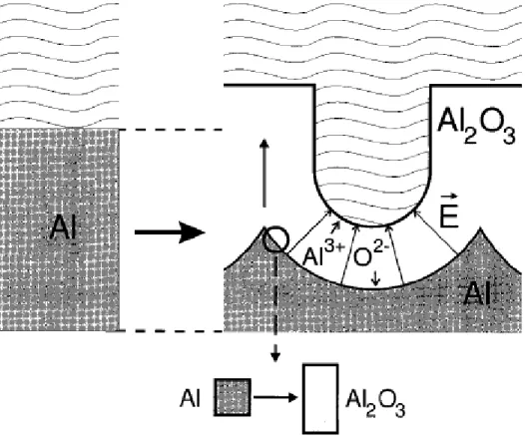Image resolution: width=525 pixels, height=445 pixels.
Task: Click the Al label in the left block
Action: [x=64, y=226]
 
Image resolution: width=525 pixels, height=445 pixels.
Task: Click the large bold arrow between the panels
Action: [x=170, y=232]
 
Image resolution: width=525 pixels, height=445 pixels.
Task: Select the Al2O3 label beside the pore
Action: [x=476, y=127]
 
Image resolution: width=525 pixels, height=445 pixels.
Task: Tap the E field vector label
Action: [x=449, y=212]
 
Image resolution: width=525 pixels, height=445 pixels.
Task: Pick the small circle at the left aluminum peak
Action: [x=275, y=239]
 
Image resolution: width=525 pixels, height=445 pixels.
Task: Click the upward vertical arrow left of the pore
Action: [x=264, y=173]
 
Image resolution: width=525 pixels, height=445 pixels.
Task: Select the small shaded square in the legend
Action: [x=233, y=397]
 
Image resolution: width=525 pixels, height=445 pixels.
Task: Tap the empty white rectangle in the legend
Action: [x=320, y=398]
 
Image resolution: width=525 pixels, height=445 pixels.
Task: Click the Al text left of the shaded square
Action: [x=191, y=398]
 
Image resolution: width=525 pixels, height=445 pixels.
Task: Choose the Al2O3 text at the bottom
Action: [x=375, y=403]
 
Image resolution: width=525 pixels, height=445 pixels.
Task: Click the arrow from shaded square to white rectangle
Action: [x=275, y=397]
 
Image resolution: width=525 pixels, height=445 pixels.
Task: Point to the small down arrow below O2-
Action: [x=376, y=278]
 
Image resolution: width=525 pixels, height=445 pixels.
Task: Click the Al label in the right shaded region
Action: [x=477, y=293]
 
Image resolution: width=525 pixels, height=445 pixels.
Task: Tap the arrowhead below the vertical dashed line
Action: [x=275, y=356]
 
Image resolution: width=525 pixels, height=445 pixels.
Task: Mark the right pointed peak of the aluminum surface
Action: [x=480, y=228]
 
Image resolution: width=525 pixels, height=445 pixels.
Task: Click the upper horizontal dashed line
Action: [x=172, y=129]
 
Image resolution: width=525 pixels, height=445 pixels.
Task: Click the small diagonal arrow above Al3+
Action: [x=335, y=226]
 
